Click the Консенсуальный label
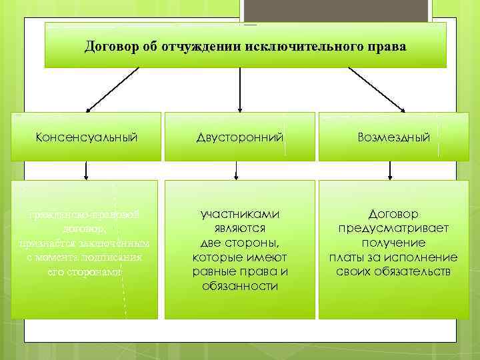point(87,137)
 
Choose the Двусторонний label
point(239,137)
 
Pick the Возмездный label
point(393,137)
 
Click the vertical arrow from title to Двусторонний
point(239,89)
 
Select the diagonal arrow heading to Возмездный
point(377,89)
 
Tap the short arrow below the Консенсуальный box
point(87,171)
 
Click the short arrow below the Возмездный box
point(393,171)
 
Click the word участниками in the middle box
point(239,214)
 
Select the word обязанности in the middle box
point(239,286)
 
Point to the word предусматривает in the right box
point(393,229)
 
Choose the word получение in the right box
point(393,243)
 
